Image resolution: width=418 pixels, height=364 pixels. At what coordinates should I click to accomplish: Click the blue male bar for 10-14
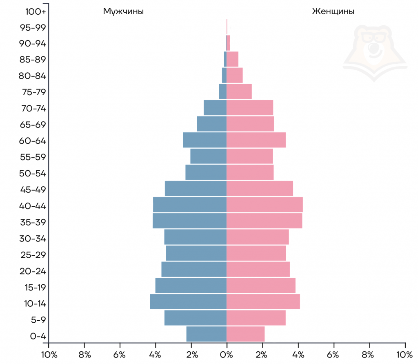pyautogui.click(x=188, y=301)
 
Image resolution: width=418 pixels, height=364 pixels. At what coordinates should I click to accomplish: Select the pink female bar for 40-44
pyautogui.click(x=265, y=204)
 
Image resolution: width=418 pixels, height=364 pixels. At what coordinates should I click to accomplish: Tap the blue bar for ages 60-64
pyautogui.click(x=205, y=140)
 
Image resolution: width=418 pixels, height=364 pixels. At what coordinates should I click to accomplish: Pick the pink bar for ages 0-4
pyautogui.click(x=245, y=334)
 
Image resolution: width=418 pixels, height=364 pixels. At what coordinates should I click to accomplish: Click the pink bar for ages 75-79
pyautogui.click(x=239, y=91)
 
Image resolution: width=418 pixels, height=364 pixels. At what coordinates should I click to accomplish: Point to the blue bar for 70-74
pyautogui.click(x=215, y=107)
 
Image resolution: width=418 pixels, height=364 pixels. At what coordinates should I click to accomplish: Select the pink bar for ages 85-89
pyautogui.click(x=232, y=59)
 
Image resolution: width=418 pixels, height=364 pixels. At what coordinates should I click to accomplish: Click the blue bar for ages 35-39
pyautogui.click(x=189, y=221)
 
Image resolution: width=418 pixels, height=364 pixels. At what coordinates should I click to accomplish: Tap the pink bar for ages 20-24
pyautogui.click(x=258, y=269)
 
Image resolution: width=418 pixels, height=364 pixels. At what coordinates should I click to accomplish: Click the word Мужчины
pyautogui.click(x=123, y=11)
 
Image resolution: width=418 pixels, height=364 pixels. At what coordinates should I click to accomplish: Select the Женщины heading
pyautogui.click(x=333, y=11)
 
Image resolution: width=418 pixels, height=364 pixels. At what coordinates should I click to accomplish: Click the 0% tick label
pyautogui.click(x=227, y=354)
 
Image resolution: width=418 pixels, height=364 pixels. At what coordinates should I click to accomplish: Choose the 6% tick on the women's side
pyautogui.click(x=334, y=354)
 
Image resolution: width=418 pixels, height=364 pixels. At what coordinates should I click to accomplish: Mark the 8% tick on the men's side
pyautogui.click(x=84, y=354)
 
